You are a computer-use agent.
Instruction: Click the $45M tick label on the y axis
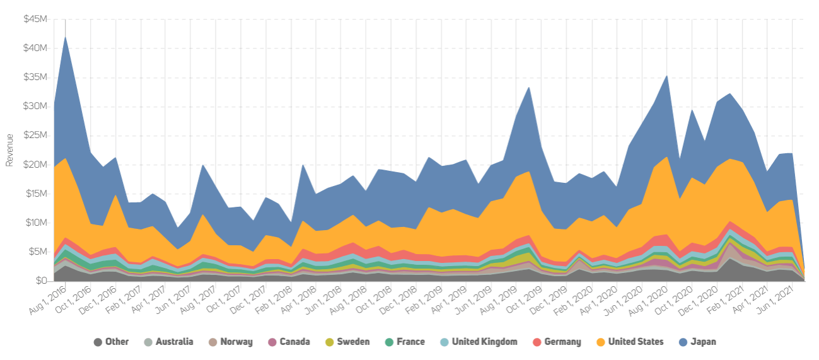(x=35, y=19)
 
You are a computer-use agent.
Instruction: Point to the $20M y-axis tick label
(x=35, y=165)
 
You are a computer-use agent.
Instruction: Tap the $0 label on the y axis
(x=42, y=281)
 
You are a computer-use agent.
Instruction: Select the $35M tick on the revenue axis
(x=35, y=77)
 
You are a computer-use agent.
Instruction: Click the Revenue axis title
(x=9, y=150)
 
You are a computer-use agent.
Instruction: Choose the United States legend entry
(x=636, y=342)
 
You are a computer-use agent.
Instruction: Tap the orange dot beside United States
(x=600, y=342)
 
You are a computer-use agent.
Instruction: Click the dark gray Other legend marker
(x=98, y=342)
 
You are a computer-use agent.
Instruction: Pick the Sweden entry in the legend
(x=353, y=342)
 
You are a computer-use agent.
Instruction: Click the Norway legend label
(x=236, y=342)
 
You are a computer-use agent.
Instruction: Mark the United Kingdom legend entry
(x=484, y=342)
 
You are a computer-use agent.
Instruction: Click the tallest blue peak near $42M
(x=66, y=37)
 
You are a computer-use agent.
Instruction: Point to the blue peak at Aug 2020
(x=666, y=76)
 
